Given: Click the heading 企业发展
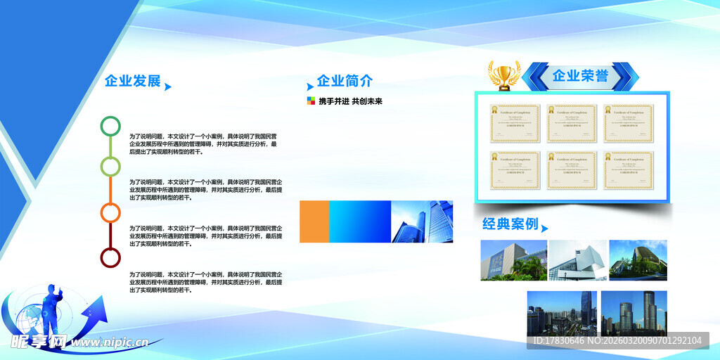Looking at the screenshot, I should (x=132, y=81).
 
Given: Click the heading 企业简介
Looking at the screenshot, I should (x=345, y=81).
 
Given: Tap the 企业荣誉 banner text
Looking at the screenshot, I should (x=580, y=76).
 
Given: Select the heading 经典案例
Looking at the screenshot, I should (x=510, y=224).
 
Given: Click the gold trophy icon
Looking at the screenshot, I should (x=503, y=75).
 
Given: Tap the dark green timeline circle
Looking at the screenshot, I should (x=110, y=126).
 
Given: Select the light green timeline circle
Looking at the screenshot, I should (x=110, y=166).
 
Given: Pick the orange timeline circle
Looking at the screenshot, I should (x=110, y=212).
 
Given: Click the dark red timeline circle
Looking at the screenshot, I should (x=110, y=257).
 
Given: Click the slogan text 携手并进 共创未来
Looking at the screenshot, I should (x=350, y=101).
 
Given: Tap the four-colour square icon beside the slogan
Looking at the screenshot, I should (x=311, y=101).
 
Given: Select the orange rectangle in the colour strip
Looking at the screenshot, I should (x=314, y=221).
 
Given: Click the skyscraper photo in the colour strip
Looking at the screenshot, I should (x=422, y=221).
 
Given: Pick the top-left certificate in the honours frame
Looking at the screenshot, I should (x=515, y=124).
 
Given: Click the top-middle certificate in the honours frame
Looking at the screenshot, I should (x=571, y=124).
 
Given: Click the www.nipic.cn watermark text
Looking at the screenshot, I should (x=109, y=342).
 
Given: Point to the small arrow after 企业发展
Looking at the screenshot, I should (x=168, y=87).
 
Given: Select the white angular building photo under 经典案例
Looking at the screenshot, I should (x=577, y=260).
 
